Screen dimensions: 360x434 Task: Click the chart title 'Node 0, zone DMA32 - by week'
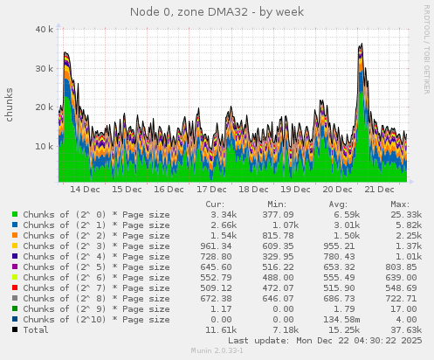[217, 11]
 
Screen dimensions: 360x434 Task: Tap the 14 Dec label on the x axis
[85, 189]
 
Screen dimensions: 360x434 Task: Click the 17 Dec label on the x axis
[211, 189]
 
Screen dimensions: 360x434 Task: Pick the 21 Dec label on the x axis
[381, 189]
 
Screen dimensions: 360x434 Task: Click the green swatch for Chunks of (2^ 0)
[15, 214]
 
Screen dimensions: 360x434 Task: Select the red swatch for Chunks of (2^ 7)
[15, 287]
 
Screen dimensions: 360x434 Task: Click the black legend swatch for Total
[15, 329]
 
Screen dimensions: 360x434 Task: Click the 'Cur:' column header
[214, 204]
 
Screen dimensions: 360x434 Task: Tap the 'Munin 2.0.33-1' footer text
[217, 350]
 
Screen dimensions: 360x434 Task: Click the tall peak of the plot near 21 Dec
[361, 48]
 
